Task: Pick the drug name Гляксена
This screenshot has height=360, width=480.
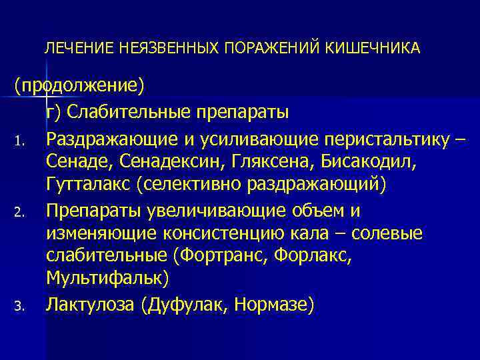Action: coord(275,161)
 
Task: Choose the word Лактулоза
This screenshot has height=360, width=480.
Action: coord(89,305)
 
